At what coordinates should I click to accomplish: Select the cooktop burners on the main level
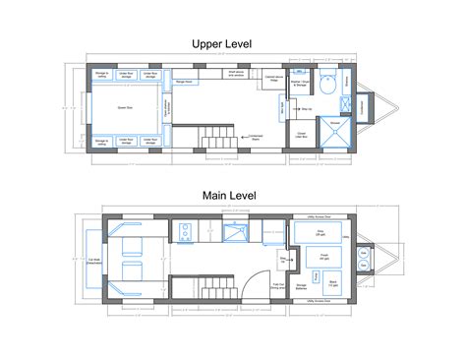click(x=184, y=233)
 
